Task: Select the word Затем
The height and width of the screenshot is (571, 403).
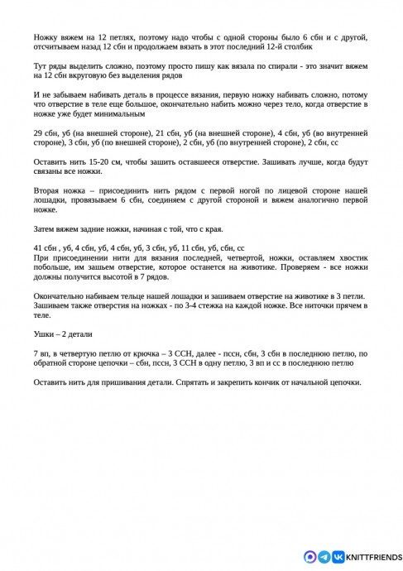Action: coord(46,228)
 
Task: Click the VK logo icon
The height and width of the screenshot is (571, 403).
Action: coord(338,557)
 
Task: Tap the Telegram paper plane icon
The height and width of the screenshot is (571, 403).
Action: coord(324,557)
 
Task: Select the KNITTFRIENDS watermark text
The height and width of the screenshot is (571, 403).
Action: coord(372,557)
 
